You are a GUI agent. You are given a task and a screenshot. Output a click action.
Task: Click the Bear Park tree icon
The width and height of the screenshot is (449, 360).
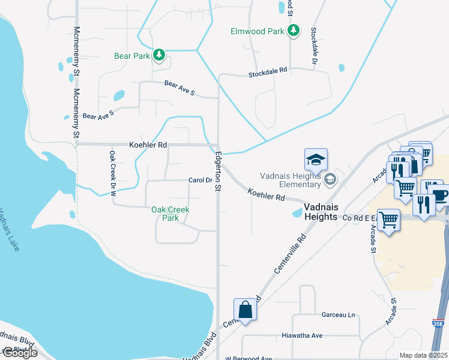tap(158, 56)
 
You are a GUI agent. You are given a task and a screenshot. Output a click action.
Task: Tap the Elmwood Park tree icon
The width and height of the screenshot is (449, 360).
tap(293, 31)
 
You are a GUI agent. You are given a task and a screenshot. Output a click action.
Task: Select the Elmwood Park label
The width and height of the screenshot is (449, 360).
tap(258, 31)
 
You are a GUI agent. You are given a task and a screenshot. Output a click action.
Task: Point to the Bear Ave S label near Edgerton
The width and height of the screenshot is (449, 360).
tap(179, 89)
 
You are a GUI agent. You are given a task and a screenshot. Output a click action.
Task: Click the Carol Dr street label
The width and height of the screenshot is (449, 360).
tap(200, 180)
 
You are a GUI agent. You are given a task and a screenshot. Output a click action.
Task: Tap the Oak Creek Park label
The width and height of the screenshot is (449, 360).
tap(170, 214)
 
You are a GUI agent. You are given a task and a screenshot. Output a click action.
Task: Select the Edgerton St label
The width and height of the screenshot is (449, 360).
tap(217, 171)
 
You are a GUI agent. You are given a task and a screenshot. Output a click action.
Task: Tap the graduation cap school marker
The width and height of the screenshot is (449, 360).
tap(316, 160)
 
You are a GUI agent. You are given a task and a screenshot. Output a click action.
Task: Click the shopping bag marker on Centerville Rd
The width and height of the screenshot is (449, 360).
tap(246, 310)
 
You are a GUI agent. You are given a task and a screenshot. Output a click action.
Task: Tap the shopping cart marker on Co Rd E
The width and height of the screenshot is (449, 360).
tap(388, 220)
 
